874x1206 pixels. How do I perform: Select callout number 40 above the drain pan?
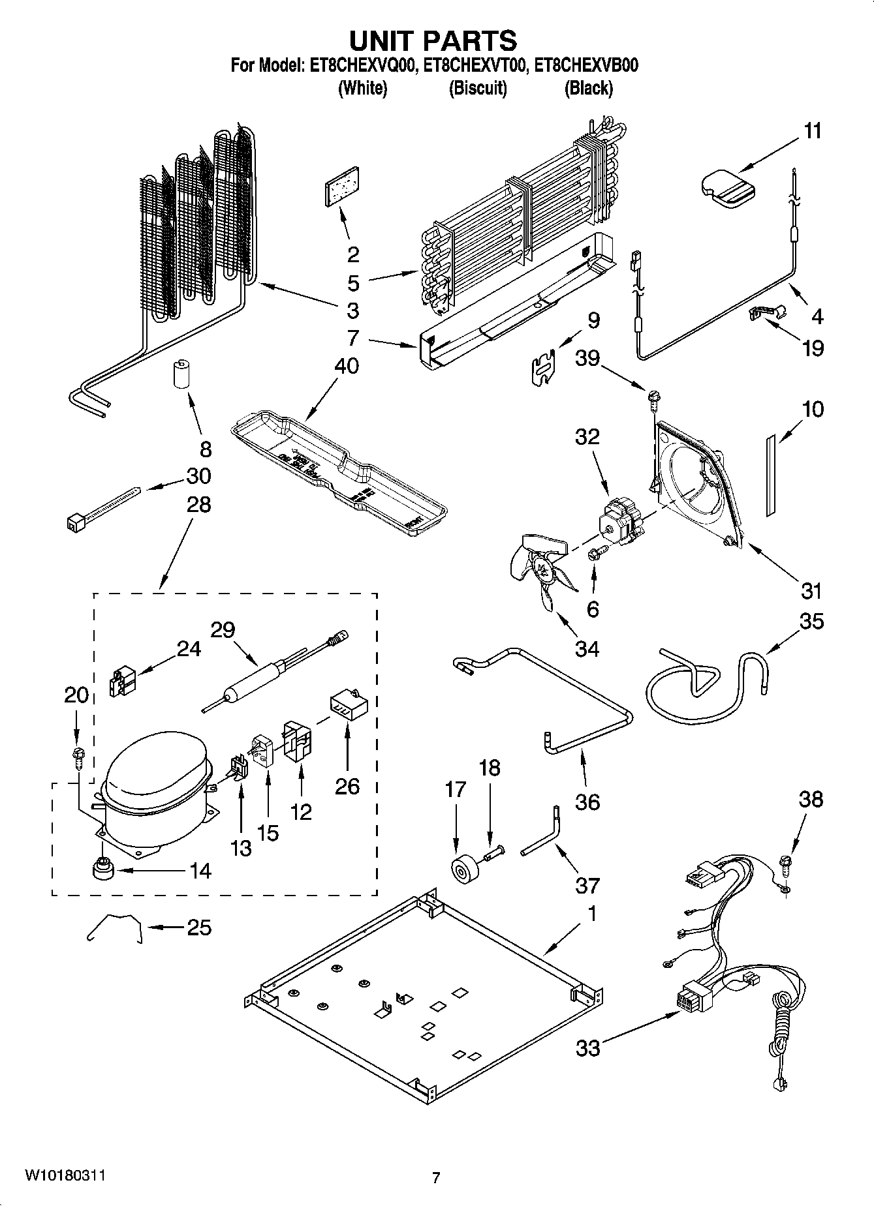tap(347, 366)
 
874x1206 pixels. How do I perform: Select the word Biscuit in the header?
tap(477, 88)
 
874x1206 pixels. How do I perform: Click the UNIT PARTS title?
tap(433, 40)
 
